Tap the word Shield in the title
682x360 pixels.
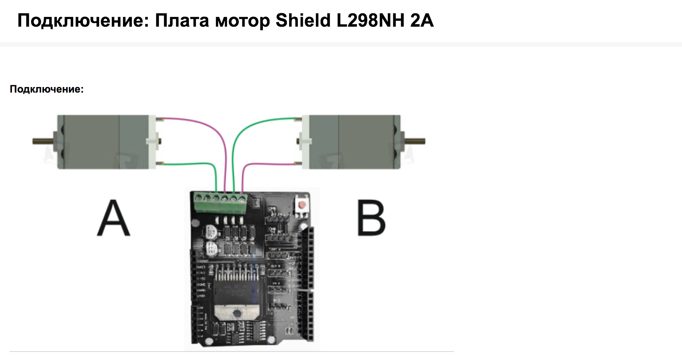point(303,20)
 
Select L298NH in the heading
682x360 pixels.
point(370,20)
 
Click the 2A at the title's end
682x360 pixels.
point(422,20)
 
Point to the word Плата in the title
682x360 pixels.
point(182,20)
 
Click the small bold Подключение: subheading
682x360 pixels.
point(47,89)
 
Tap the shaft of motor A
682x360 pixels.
point(42,141)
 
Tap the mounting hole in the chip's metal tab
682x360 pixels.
point(236,314)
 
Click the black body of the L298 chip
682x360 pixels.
point(236,291)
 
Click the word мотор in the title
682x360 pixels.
point(242,20)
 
